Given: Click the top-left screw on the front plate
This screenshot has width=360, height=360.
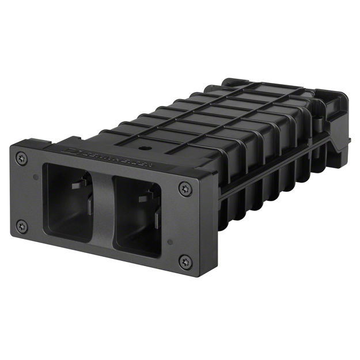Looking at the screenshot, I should pos(22,157).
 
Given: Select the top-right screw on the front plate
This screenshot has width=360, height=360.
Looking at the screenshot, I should pos(184,188).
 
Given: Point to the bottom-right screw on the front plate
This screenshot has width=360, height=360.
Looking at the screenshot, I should pos(185,262).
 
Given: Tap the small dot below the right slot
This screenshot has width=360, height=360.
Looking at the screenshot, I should pos(169,241).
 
